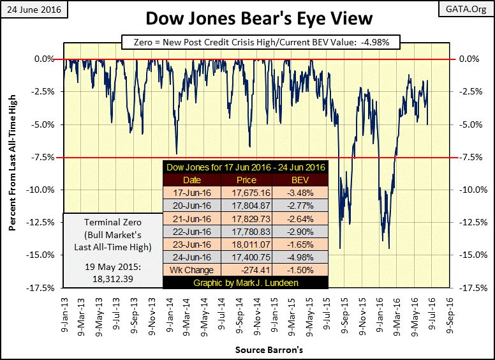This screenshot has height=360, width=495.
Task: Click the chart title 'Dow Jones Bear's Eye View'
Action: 247,19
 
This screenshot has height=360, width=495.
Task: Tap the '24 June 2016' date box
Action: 29,10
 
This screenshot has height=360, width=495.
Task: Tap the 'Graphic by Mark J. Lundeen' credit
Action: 246,283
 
